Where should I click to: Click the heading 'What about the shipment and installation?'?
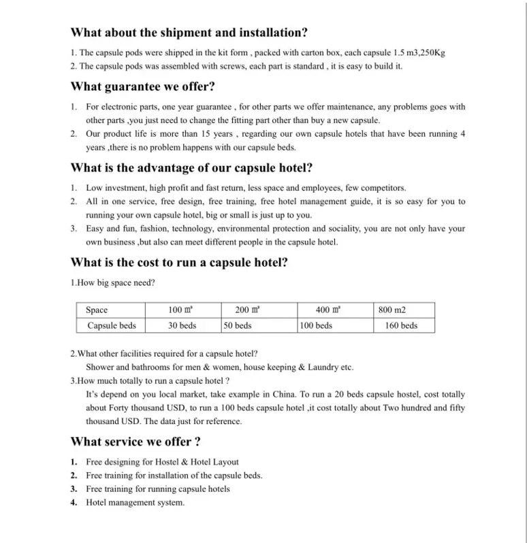[189, 32]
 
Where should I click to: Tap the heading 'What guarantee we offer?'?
[143, 86]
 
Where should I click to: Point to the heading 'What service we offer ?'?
[135, 442]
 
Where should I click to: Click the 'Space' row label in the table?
[97, 310]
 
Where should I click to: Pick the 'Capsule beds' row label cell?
[112, 325]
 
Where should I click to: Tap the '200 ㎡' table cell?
[247, 310]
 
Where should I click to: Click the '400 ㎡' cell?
[328, 310]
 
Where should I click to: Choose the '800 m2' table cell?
[392, 310]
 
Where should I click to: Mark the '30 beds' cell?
[182, 325]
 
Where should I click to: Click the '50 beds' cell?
[238, 325]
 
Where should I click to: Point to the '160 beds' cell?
[401, 325]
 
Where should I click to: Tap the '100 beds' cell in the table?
[316, 325]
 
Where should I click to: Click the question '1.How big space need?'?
[112, 283]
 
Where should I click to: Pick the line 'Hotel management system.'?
[135, 503]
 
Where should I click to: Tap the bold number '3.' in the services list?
[74, 489]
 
